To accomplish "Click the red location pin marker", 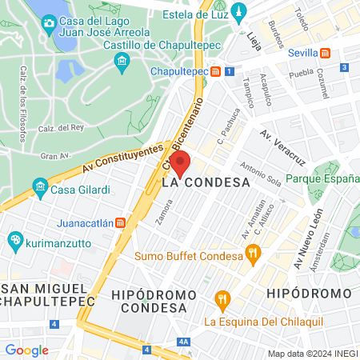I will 180,163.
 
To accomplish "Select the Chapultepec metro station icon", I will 216,71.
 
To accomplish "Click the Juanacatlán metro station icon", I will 120,222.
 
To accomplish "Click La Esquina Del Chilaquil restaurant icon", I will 222,302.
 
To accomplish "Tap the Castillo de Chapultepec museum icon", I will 122,62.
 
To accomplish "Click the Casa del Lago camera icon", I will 50,22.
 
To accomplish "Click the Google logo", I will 26,350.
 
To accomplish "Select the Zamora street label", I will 164,212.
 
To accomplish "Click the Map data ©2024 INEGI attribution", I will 312,354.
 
